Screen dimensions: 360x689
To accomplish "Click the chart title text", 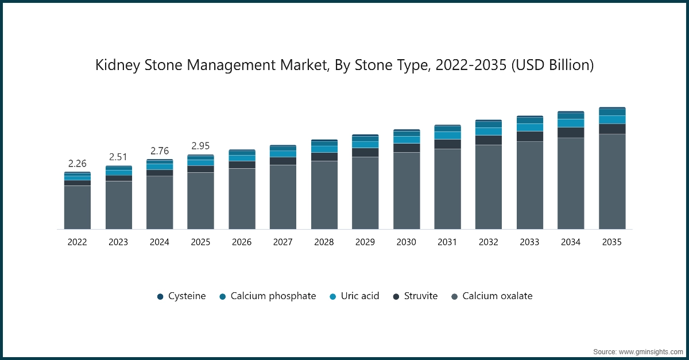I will pos(344,65).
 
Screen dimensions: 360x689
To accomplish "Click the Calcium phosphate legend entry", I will pos(268,296).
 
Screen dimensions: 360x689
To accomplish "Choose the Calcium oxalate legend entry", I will pos(491,296).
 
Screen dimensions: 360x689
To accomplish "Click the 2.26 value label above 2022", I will pos(77,164).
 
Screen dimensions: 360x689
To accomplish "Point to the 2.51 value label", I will pos(118,157).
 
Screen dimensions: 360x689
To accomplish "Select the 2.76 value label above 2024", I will pos(160,151).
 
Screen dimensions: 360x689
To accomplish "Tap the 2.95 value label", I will pos(200,146).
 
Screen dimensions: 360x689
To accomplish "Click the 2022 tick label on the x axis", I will pos(77,242).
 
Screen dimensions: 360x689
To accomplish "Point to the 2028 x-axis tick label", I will pos(324,242).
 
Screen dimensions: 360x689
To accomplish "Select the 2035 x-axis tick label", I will pos(612,242).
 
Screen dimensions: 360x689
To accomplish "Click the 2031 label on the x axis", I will pos(447,242).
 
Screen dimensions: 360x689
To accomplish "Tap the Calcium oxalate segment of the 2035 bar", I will pos(612,181).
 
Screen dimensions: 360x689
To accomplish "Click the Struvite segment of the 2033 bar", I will pos(529,136).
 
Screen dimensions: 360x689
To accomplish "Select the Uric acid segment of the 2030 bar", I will pos(407,140).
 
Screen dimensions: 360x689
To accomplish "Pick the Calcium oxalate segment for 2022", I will pos(77,207).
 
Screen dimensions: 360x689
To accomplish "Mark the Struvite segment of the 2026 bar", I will pos(242,165).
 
